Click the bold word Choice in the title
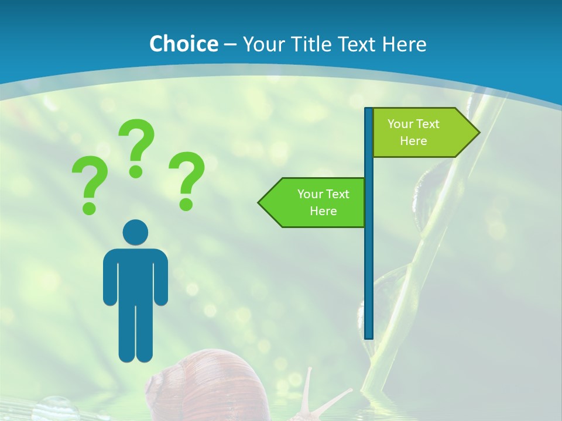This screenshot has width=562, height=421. (x=183, y=44)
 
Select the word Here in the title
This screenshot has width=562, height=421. (x=404, y=44)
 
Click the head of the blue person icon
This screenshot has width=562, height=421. (x=135, y=232)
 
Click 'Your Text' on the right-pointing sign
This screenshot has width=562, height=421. (x=413, y=124)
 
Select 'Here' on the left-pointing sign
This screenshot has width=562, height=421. (x=323, y=211)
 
